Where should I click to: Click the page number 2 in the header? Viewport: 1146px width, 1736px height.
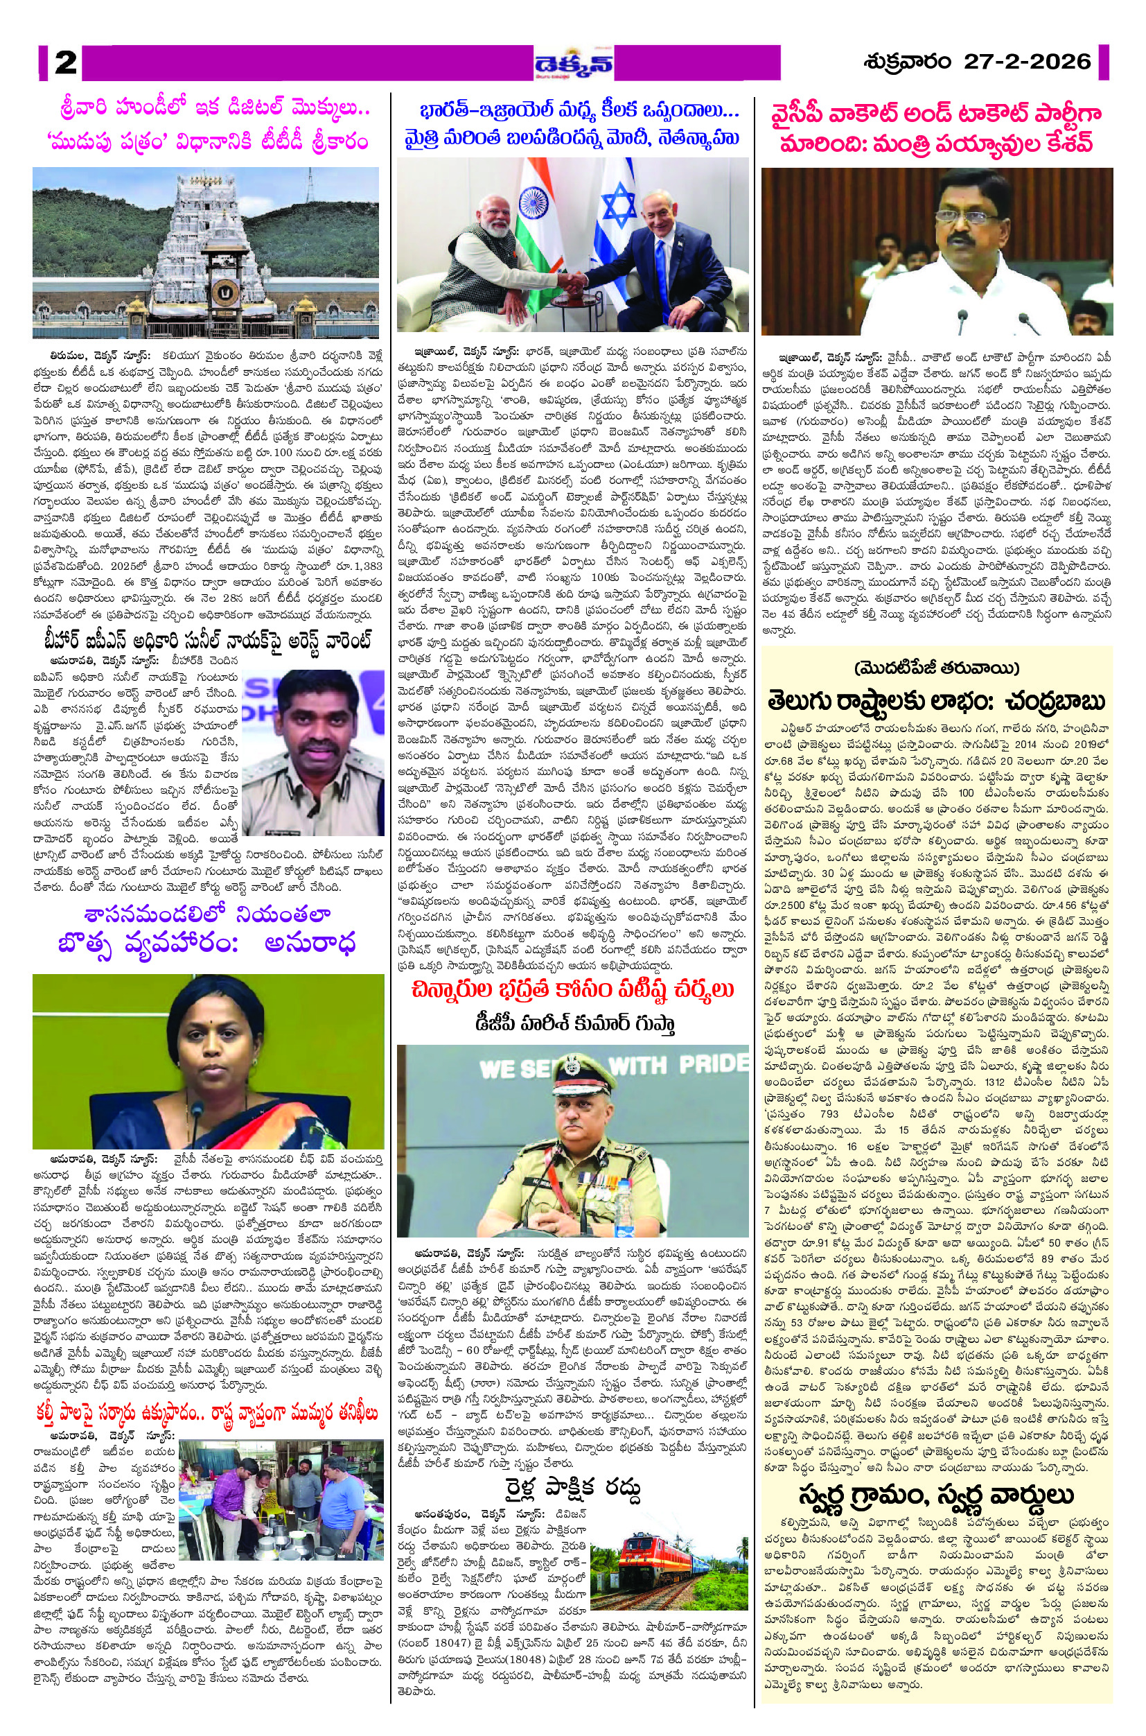65,62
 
